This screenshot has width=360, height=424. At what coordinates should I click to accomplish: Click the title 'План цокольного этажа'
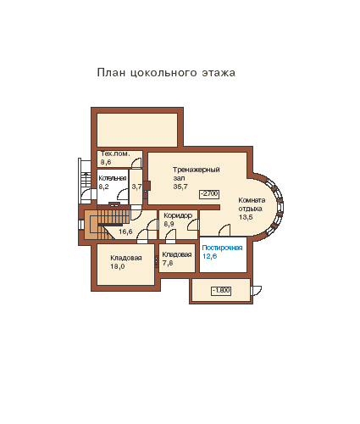[x=166, y=73]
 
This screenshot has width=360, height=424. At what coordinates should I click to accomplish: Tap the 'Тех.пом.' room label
[x=115, y=153]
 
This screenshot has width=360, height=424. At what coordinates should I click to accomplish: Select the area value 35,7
[x=180, y=187]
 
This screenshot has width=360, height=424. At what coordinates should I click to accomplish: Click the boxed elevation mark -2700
[x=209, y=194]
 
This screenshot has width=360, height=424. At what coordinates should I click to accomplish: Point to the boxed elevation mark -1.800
[x=221, y=291]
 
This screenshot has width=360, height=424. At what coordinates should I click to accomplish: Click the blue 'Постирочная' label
[x=222, y=248]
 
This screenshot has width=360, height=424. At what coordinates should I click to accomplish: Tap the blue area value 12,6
[x=210, y=256]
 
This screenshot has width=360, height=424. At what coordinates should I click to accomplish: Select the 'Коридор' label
[x=178, y=215]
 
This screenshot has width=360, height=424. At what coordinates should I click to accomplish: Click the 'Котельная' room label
[x=113, y=178]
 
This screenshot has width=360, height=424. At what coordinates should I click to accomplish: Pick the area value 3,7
[x=136, y=187]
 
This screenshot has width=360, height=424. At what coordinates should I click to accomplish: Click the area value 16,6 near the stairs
[x=125, y=232]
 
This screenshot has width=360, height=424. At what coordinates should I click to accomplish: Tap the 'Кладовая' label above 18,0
[x=126, y=258]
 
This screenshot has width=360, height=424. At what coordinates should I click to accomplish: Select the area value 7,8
[x=168, y=263]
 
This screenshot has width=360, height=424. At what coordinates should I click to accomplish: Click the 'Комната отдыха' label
[x=252, y=204]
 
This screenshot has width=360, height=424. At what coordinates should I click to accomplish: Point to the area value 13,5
[x=246, y=217]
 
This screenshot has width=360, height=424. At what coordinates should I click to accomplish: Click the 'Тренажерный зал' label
[x=197, y=174]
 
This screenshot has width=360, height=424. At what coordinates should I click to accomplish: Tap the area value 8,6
[x=106, y=162]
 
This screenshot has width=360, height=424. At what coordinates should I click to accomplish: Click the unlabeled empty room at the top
[x=137, y=130]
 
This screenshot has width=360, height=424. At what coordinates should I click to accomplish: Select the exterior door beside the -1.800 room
[x=257, y=291]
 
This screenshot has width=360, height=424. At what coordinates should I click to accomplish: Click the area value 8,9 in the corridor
[x=169, y=224]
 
